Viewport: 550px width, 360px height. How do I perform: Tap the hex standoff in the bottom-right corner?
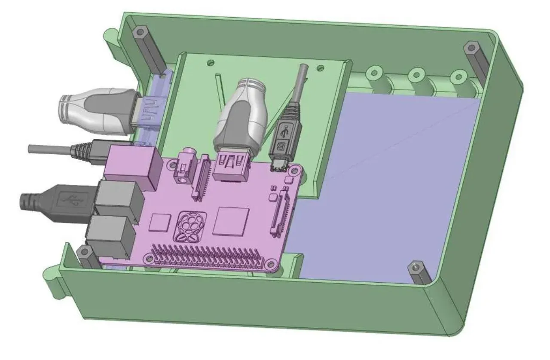point(419,272)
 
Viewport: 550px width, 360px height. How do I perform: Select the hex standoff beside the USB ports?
point(88,258)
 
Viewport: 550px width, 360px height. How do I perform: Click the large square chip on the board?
point(233,220)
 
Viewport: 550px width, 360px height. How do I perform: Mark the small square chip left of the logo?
point(160,222)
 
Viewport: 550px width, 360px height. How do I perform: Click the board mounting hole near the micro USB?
point(293,171)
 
